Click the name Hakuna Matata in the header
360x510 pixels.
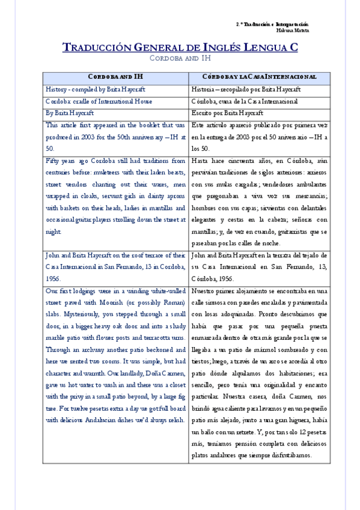292,29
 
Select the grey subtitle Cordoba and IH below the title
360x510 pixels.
180,58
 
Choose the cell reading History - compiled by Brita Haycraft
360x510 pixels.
95,90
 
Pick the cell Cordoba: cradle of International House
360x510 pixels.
99,101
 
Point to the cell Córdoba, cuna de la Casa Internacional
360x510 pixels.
245,101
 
